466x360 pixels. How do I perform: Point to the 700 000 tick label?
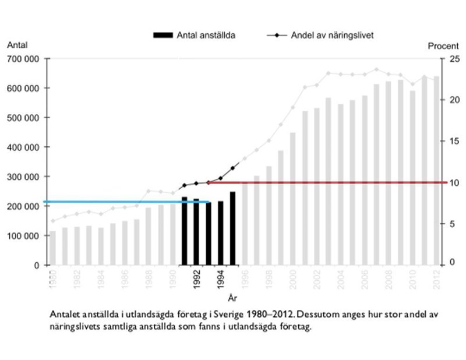(24, 59)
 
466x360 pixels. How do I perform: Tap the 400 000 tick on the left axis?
(24, 147)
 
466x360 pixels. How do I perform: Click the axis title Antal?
(17, 45)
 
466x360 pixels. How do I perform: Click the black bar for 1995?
(233, 228)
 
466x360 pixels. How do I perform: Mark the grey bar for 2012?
(436, 171)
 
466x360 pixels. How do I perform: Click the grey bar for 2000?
(294, 199)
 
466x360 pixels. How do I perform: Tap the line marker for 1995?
(233, 168)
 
